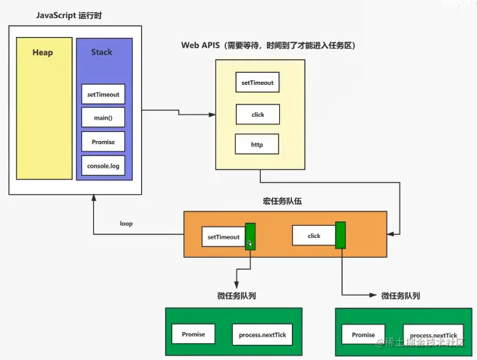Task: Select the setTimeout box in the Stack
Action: (x=102, y=95)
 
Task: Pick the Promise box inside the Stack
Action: (x=102, y=141)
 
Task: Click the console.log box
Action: (x=102, y=164)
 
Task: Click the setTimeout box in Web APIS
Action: (x=258, y=83)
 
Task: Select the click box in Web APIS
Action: (x=258, y=114)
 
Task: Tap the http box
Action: (x=258, y=143)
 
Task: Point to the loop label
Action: (x=126, y=224)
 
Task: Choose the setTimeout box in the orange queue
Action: (x=223, y=237)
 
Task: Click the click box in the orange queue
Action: (x=314, y=236)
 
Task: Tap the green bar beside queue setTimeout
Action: (x=250, y=236)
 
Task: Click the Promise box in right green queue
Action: (x=363, y=334)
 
